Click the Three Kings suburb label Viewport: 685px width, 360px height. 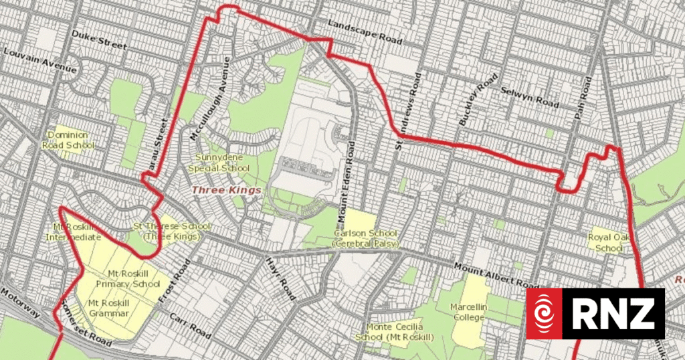pyautogui.click(x=225, y=191)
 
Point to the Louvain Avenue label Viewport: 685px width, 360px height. pyautogui.click(x=40, y=60)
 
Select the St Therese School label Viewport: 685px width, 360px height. pyautogui.click(x=168, y=232)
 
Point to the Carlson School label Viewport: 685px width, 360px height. pyautogui.click(x=365, y=238)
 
